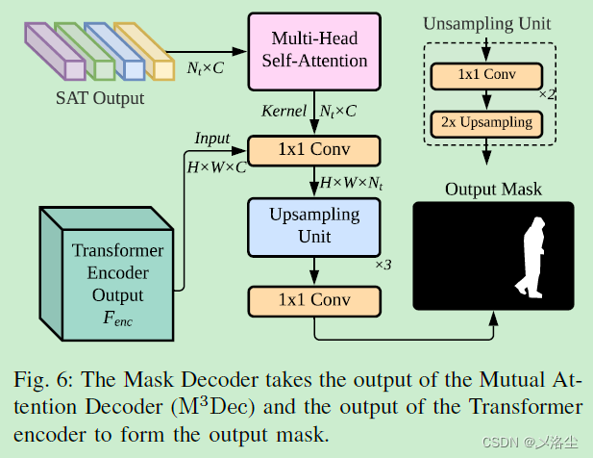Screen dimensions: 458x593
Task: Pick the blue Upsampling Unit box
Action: tap(314, 226)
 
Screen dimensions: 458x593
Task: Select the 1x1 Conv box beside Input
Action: tap(314, 151)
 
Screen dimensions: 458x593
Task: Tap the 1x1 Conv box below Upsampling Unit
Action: tap(314, 300)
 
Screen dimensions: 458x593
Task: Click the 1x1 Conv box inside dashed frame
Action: tap(488, 75)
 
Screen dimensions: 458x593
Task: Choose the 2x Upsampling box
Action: tap(488, 123)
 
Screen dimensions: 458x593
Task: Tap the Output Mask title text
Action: tap(493, 189)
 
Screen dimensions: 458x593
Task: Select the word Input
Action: tap(212, 139)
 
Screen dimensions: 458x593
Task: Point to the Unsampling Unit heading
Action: tap(488, 21)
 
